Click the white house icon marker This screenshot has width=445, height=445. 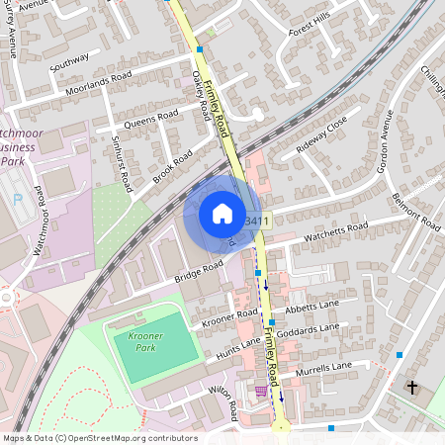coord(222,213)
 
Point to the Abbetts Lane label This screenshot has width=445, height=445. coord(311,307)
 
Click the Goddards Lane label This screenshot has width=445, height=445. coord(309,329)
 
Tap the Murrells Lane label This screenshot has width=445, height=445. coord(322,368)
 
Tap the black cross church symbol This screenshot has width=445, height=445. coord(412,387)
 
